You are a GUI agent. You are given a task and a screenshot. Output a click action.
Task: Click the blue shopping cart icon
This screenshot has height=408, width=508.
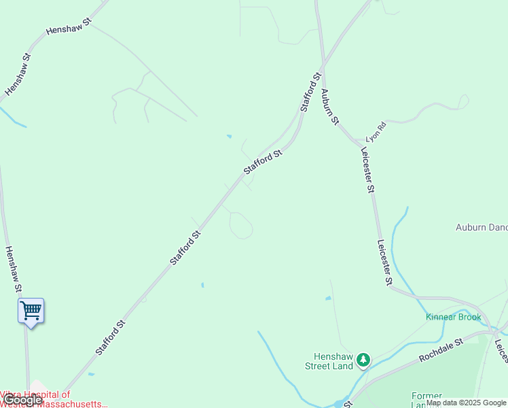coord(31,311)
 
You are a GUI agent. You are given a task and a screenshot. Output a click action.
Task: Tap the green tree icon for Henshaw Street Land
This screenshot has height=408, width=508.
coord(364,359)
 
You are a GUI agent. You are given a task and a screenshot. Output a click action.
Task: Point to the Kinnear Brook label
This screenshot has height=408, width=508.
coord(453,318)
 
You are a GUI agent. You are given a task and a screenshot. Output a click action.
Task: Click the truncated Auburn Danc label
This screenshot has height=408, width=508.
coord(482,228)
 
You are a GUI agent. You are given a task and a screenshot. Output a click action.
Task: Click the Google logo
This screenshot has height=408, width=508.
coord(22,400)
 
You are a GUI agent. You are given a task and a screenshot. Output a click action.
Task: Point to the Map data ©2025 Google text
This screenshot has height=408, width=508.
coord(466,403)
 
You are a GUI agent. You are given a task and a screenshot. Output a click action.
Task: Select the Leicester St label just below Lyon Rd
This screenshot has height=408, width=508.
coord(368,171)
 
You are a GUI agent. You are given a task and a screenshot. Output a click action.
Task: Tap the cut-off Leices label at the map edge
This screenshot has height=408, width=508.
coord(501,350)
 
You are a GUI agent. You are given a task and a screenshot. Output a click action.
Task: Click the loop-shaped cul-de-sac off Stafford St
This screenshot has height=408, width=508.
coord(241,225)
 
